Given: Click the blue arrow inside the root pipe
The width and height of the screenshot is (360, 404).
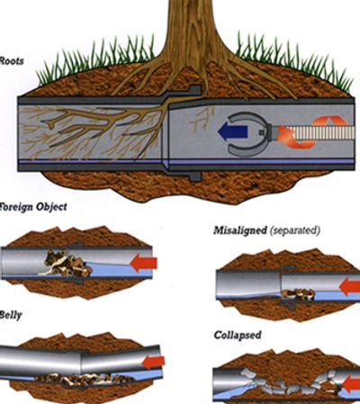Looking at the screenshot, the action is [231, 131].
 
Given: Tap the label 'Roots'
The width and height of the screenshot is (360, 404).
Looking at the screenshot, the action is [12, 61].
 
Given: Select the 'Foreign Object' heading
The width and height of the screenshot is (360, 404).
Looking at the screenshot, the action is [33, 207].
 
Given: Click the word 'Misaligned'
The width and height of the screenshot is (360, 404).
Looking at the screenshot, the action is [240, 230].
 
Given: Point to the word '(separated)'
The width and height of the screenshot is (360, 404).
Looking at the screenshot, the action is [294, 230].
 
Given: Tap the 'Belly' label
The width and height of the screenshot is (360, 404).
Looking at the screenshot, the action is [11, 316].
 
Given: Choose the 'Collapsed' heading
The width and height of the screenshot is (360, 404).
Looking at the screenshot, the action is [238, 335].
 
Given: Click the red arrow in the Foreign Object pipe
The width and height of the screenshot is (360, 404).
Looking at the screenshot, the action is [143, 263].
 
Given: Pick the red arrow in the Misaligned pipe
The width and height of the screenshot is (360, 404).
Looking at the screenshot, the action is [349, 285].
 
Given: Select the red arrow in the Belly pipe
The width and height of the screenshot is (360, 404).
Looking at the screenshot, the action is [153, 362].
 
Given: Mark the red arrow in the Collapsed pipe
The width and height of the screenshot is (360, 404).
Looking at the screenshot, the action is [351, 385].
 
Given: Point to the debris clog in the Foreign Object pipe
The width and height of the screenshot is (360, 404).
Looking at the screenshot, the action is [67, 264].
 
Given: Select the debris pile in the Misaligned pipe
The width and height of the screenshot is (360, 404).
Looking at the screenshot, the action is [298, 294].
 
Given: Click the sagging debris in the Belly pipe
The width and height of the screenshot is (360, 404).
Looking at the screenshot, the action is [83, 379].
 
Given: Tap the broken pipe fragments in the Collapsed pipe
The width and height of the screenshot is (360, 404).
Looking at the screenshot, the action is [290, 382].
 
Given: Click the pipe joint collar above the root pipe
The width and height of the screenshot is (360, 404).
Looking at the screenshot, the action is [194, 91].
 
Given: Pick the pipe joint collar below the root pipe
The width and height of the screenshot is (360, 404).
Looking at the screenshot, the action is [194, 175].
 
